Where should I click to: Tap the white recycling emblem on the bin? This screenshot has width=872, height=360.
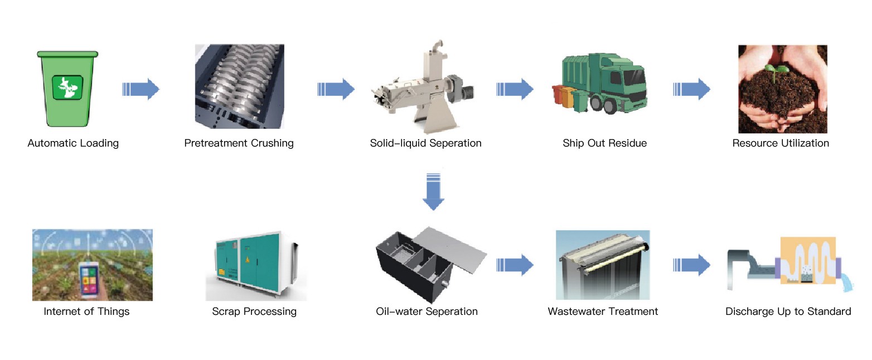coord(67,87)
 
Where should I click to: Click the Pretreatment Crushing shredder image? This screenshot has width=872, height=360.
coord(240,86)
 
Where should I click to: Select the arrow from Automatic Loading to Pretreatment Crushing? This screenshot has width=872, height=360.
coord(141,89)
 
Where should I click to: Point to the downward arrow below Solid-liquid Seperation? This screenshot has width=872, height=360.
coord(433,192)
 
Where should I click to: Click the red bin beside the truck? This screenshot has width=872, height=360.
coord(558,95)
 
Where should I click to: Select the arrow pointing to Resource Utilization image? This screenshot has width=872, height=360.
coord(692,89)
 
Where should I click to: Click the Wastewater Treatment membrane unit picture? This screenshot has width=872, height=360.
coord(603,265)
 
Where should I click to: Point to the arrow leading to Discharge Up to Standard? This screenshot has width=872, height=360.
coord(692,265)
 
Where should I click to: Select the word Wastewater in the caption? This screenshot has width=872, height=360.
coord(575,312)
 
